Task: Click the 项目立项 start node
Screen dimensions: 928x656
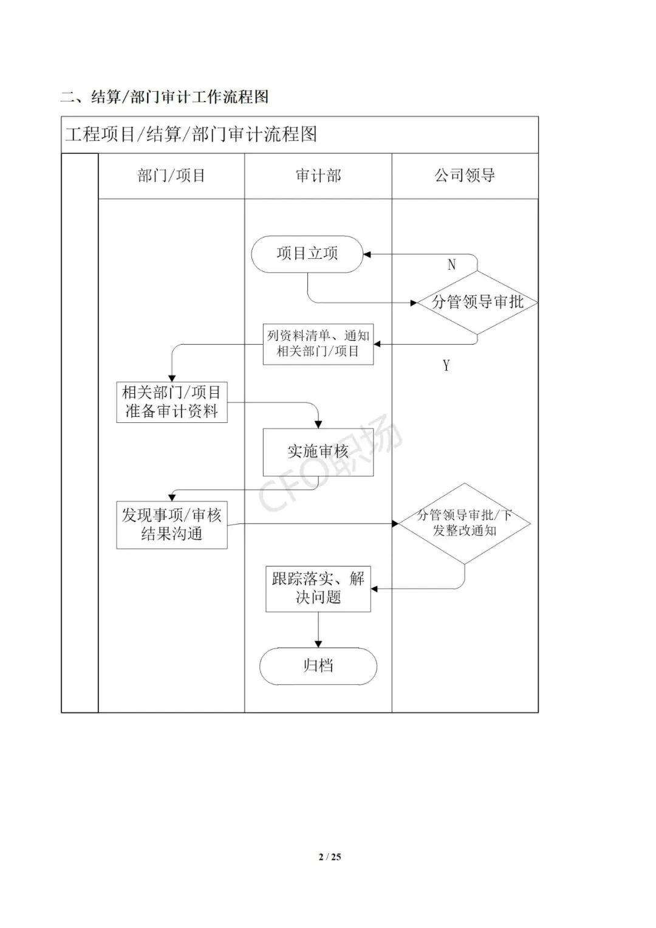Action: pos(307,253)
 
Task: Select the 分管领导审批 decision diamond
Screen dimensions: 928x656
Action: pos(477,302)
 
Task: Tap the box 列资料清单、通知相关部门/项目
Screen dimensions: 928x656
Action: pos(318,343)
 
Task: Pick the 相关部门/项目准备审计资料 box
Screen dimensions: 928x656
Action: pos(171,402)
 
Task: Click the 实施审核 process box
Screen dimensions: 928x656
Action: pos(318,452)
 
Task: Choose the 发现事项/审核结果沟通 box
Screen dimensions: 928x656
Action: pos(171,524)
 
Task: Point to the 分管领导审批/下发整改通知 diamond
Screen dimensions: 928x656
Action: pos(465,523)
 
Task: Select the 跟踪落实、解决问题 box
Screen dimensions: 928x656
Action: pos(318,588)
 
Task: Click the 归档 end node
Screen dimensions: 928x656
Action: pos(318,666)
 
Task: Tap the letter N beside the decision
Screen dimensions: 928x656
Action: pos(451,264)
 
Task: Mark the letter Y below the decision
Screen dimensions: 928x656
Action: pos(446,365)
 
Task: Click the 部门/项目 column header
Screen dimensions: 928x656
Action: pos(171,176)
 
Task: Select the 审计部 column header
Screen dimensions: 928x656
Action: pos(318,176)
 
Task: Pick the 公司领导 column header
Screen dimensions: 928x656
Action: pos(465,176)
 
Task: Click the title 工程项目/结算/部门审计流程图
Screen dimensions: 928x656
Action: pos(191,134)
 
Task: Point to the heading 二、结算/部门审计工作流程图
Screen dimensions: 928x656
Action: pos(164,97)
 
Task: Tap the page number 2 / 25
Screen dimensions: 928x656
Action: pos(330,857)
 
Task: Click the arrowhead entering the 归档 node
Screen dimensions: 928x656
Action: pos(318,644)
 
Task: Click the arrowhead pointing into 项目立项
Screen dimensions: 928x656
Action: pos(367,254)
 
